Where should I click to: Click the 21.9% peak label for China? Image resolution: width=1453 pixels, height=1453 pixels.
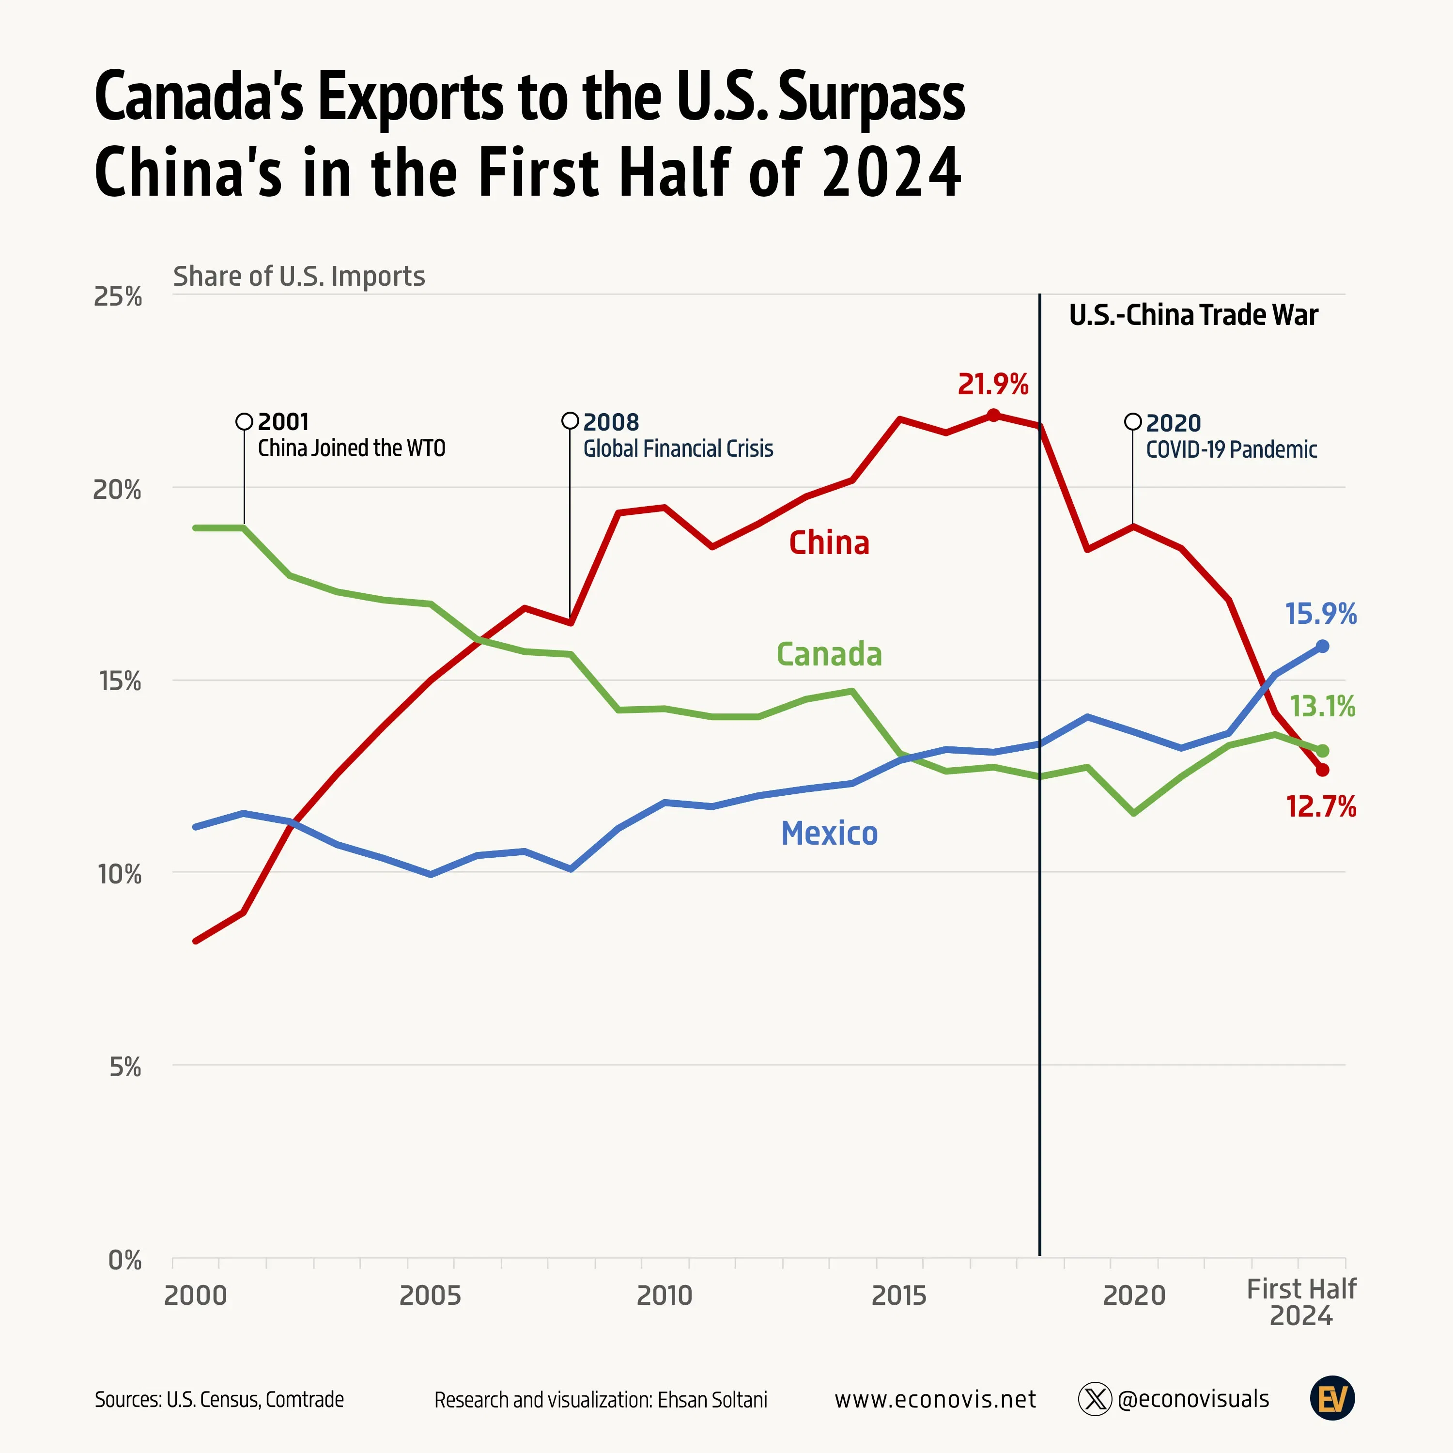[993, 384]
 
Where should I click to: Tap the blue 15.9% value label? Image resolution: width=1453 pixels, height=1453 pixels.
[1321, 614]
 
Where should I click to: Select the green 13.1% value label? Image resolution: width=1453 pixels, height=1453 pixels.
[1322, 706]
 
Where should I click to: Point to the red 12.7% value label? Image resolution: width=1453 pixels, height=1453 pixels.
[1321, 807]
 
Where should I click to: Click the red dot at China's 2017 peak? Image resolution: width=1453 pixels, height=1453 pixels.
[993, 415]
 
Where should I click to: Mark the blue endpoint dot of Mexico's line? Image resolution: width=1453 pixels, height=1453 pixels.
[1322, 646]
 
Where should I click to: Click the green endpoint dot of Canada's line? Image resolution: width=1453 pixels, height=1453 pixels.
[1322, 751]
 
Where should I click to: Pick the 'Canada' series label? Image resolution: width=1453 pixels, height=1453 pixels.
[829, 654]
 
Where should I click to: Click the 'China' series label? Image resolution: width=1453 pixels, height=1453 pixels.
[829, 543]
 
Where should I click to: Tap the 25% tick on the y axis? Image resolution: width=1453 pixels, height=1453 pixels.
[117, 297]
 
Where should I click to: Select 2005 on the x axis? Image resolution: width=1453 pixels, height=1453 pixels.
[430, 1295]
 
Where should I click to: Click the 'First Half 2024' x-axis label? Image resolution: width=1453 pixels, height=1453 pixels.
[1301, 1302]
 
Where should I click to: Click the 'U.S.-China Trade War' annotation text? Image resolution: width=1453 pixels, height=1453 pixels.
[1193, 315]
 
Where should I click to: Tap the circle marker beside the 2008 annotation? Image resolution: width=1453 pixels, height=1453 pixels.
[570, 420]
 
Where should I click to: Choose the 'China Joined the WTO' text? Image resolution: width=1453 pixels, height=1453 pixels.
[351, 448]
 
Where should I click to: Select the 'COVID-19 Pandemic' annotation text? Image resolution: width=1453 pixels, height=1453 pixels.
[1231, 450]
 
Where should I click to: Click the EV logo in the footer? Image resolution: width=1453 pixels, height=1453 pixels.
[1332, 1399]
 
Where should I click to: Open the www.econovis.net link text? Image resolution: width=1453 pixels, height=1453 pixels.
[935, 1400]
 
